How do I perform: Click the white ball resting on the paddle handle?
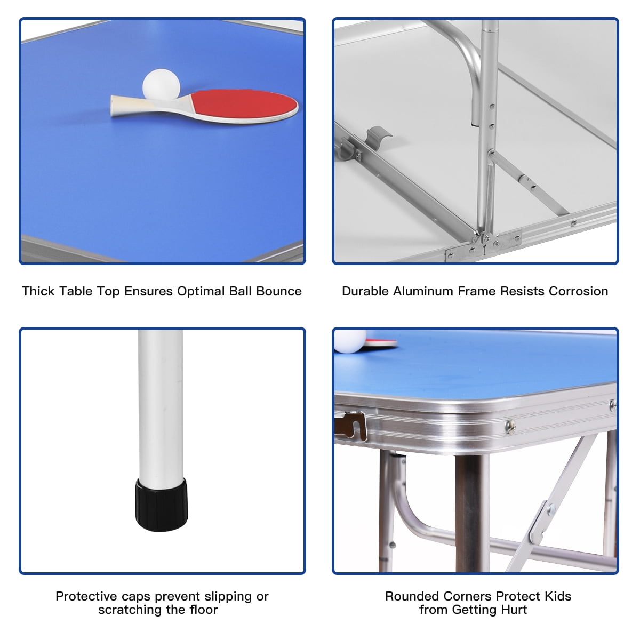162,85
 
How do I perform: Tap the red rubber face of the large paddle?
244,105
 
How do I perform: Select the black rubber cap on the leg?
162,505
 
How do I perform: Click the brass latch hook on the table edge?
351,426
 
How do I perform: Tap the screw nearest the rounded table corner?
510,427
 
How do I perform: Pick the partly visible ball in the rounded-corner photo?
350,341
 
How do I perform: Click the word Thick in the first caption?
38,291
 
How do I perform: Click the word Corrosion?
578,291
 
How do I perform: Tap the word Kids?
558,596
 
